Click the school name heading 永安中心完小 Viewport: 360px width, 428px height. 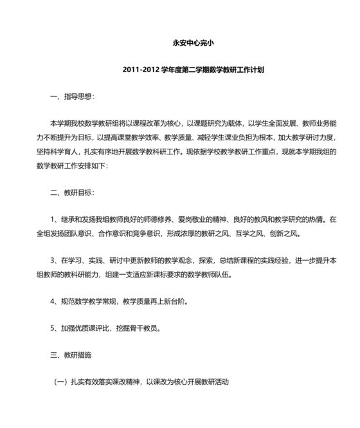coord(179,44)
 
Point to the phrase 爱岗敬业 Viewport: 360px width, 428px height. coord(193,219)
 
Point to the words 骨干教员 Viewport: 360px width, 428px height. coord(143,328)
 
